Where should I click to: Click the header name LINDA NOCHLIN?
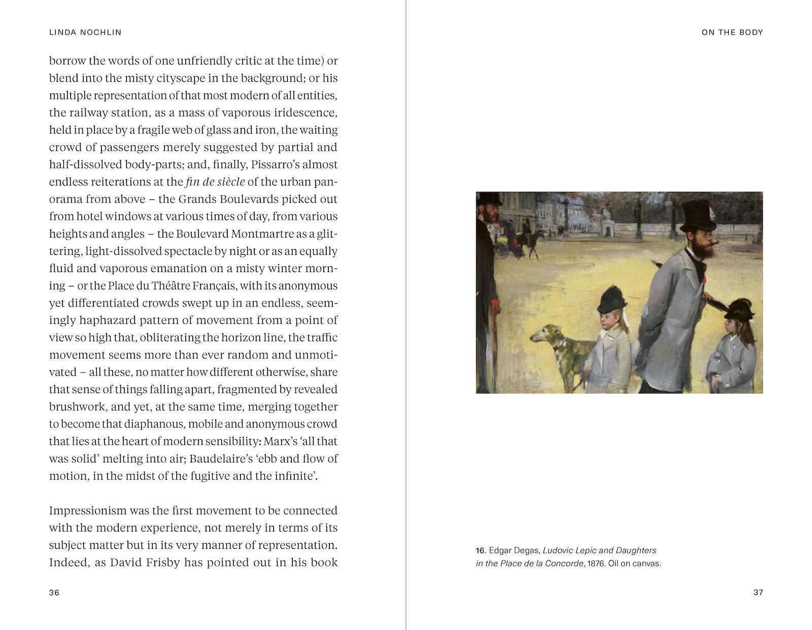coord(85,32)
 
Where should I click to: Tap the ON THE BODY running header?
coord(732,32)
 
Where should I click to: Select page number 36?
coord(54,592)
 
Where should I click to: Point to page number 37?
coord(758,592)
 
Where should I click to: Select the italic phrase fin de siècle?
coord(215,182)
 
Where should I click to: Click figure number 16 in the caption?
coord(481,551)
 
